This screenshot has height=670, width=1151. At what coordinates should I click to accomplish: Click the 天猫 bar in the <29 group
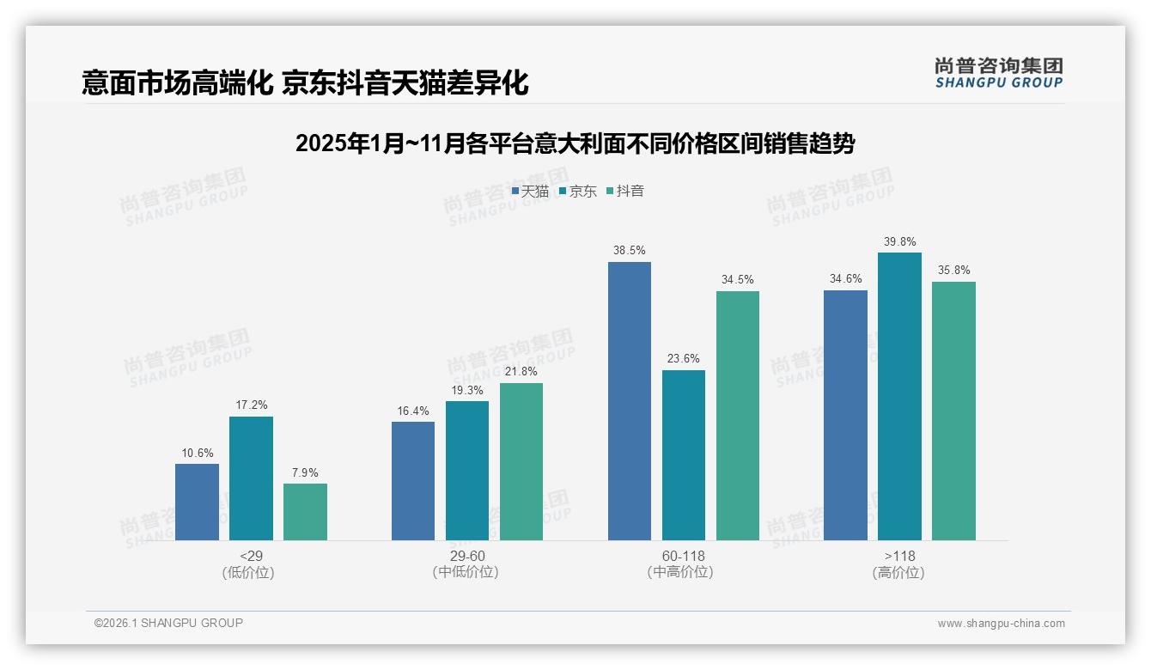197,502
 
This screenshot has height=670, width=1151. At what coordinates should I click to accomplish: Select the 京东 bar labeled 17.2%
251,478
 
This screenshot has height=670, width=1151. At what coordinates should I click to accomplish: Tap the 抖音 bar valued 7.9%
305,512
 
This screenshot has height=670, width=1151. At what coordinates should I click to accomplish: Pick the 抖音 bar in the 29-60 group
521,461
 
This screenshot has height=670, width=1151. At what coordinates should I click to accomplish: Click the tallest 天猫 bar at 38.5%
630,401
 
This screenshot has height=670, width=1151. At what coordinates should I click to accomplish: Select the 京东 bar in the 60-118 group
684,455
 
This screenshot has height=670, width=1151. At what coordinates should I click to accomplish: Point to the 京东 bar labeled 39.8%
899,396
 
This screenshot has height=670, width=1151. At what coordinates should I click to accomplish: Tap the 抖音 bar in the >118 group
953,411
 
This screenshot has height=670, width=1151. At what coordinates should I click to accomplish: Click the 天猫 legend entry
530,191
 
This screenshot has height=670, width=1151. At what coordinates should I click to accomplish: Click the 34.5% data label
738,279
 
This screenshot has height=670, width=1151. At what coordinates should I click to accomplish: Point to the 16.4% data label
413,411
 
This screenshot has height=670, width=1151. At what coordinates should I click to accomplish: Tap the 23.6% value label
684,359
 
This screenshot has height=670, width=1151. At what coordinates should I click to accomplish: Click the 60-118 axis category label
684,556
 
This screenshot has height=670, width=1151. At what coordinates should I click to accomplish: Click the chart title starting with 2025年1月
575,143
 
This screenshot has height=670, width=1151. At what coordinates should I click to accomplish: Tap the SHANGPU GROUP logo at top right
998,73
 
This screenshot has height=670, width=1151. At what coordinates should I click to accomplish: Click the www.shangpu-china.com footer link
1001,623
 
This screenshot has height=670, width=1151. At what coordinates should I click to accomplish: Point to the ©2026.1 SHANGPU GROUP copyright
168,623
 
